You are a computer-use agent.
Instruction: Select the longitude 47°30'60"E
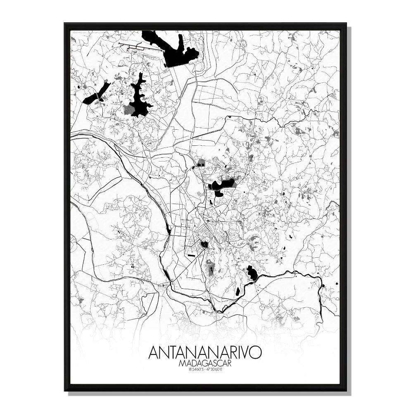216,369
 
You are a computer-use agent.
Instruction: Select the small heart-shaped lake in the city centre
204,244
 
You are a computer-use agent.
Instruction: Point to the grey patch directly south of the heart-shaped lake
211,268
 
